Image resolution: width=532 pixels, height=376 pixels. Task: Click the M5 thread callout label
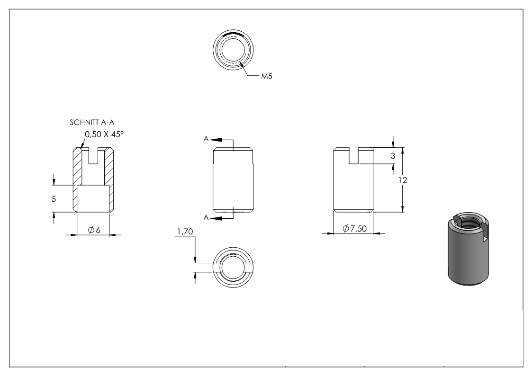click(267, 76)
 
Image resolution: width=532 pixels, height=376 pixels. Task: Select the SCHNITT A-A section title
click(92, 122)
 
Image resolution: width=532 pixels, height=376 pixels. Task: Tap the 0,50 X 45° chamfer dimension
click(104, 134)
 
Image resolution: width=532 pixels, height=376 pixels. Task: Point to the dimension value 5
click(54, 199)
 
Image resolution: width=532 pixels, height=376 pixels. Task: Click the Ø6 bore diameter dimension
click(94, 230)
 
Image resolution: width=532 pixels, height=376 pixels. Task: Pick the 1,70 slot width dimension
click(185, 232)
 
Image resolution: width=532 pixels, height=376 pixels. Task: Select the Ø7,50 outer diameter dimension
click(354, 229)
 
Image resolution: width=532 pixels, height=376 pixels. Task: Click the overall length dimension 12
click(402, 180)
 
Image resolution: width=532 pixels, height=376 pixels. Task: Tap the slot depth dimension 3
click(393, 156)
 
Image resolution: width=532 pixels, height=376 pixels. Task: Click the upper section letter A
click(206, 139)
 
